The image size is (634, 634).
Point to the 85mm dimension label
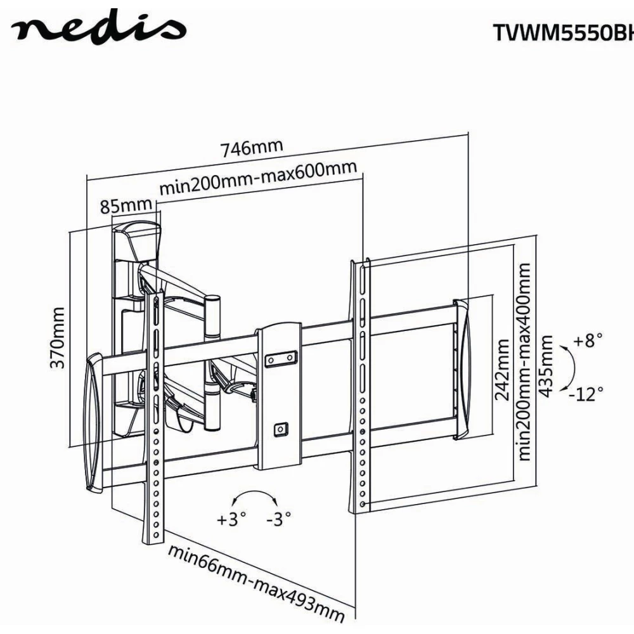point(126,207)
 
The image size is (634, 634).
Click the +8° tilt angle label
point(588,340)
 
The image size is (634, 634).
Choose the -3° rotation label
point(278,520)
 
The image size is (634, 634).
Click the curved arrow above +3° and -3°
point(254,496)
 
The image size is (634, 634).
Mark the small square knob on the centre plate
point(280,429)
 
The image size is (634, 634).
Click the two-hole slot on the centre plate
point(280,359)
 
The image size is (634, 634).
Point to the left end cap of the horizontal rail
point(93,422)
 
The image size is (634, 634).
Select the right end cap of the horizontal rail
point(463,370)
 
